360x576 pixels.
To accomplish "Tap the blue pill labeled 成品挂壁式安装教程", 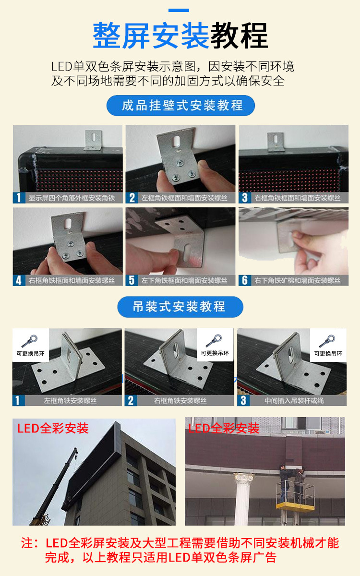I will click(180, 106).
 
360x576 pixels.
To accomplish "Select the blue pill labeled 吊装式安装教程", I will click(180, 307).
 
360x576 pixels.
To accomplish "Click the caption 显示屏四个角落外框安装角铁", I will click(72, 198).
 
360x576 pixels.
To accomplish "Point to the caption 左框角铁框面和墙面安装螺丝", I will click(185, 198).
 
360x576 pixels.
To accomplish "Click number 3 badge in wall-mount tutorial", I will click(245, 198).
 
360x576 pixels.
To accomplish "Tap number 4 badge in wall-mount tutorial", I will click(19, 280).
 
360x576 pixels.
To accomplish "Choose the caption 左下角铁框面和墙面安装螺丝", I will click(185, 280).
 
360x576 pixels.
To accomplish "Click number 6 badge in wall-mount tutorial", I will click(245, 280).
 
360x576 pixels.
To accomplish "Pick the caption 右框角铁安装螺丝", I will click(180, 400).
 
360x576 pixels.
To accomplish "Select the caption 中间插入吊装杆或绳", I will click(294, 400).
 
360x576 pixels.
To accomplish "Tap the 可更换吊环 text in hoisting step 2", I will click(215, 353).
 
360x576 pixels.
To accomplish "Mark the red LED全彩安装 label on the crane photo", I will click(53, 428).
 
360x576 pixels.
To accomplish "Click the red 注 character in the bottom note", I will click(27, 543).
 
